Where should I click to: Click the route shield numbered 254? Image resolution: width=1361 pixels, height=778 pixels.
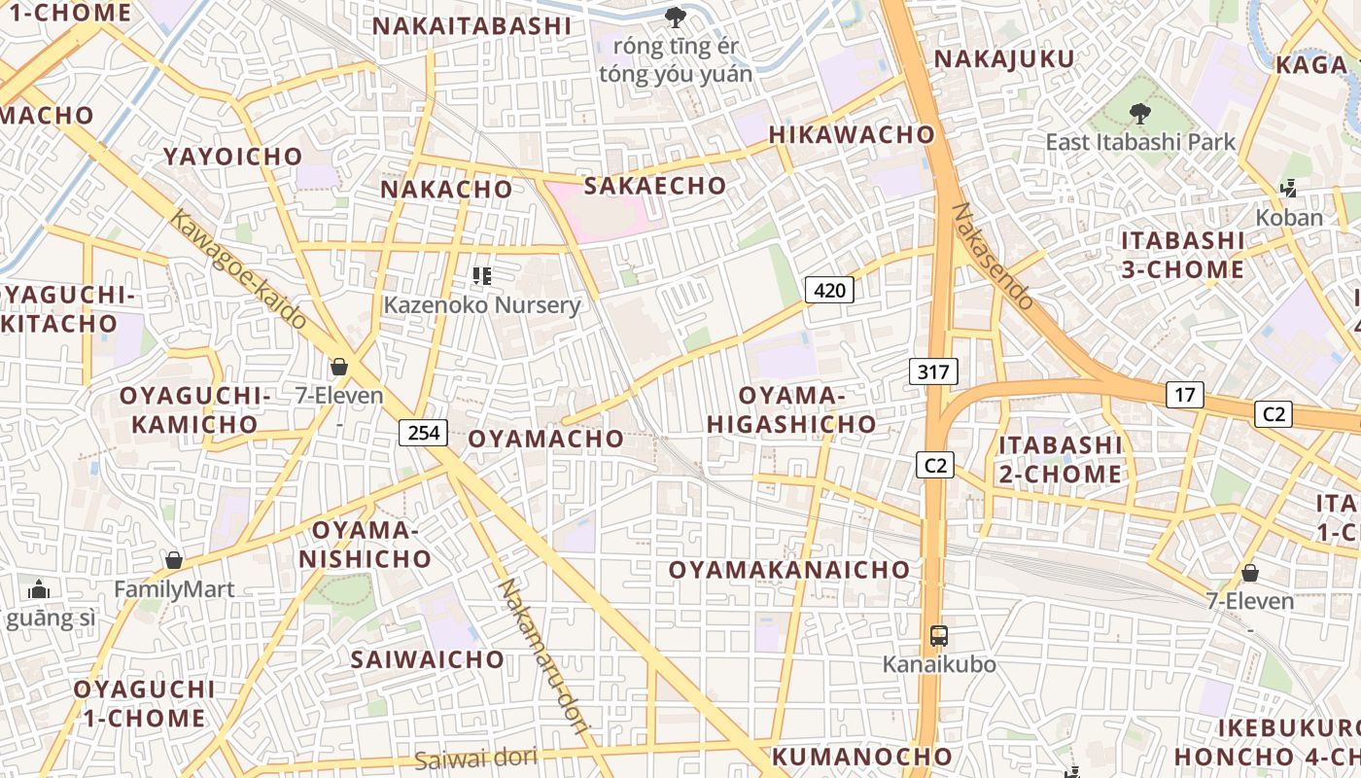click(x=424, y=432)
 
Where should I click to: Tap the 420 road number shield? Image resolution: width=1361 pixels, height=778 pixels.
click(x=829, y=289)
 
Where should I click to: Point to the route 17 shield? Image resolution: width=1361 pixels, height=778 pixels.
click(x=1184, y=395)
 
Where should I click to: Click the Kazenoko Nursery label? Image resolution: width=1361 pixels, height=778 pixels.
click(x=481, y=305)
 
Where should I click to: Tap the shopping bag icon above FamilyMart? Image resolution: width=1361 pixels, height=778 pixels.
click(x=174, y=560)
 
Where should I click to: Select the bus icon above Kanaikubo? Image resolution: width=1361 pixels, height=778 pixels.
click(x=939, y=636)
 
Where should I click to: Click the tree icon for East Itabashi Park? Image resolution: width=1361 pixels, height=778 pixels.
click(x=1140, y=113)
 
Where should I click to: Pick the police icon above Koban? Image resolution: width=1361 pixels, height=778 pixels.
click(x=1289, y=189)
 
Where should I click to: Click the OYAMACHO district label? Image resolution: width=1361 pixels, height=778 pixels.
click(x=545, y=439)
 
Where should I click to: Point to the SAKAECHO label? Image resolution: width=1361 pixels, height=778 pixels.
click(x=654, y=186)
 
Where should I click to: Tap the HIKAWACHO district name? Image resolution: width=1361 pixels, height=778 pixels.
click(x=852, y=134)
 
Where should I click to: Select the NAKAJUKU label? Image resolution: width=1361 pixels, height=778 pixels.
click(x=1004, y=59)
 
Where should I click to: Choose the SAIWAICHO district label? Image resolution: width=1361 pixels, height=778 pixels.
click(x=428, y=659)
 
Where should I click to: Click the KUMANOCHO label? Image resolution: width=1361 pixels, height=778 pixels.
click(x=862, y=756)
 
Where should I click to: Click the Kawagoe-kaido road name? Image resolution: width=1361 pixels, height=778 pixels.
click(x=238, y=268)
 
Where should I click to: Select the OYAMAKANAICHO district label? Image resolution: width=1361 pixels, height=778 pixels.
click(x=789, y=570)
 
